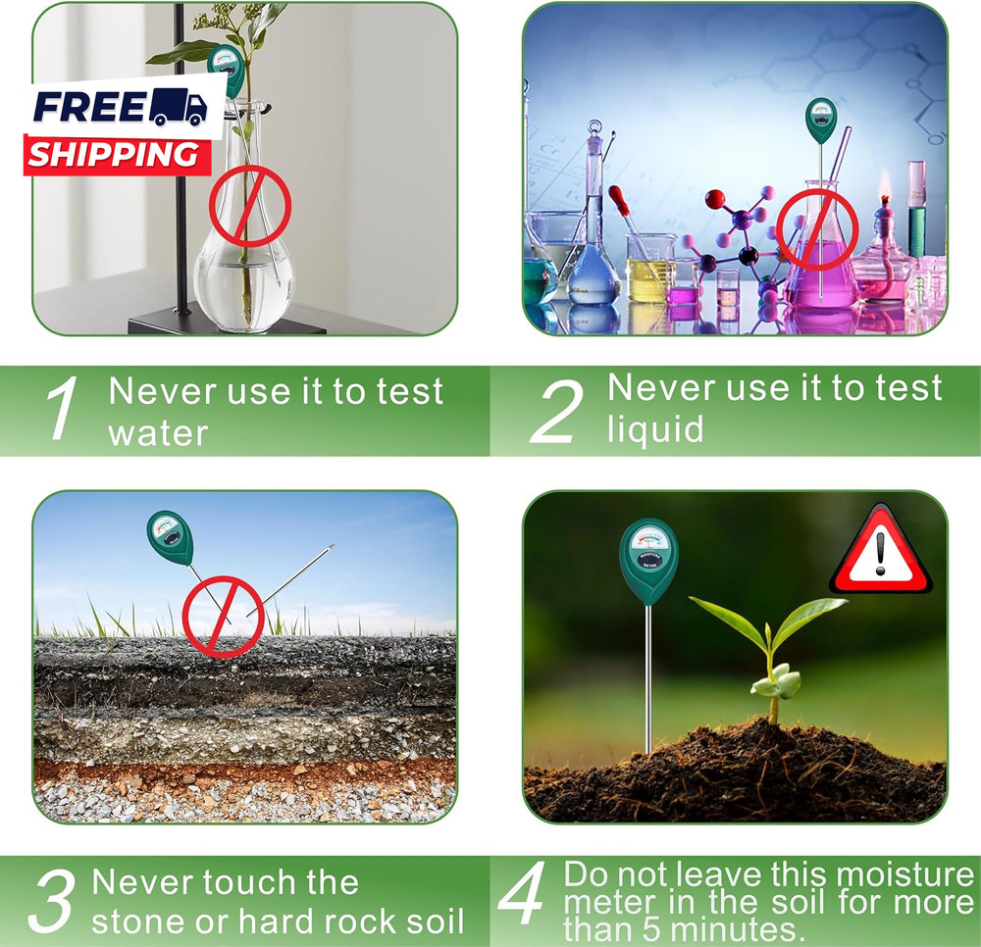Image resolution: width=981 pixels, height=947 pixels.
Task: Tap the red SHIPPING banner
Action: (113, 154)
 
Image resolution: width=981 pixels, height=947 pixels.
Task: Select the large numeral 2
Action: (556, 411)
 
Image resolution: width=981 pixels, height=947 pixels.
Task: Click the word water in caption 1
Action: (158, 432)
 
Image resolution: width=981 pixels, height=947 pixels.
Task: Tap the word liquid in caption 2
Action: (655, 428)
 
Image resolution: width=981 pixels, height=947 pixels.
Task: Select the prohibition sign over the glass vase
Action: (250, 206)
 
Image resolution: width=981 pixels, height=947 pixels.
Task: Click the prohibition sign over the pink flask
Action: (817, 230)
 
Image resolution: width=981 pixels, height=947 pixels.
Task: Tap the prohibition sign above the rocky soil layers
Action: (223, 616)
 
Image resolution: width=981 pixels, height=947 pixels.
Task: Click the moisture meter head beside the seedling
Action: (648, 563)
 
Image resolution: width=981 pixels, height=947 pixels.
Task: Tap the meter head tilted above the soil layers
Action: (171, 537)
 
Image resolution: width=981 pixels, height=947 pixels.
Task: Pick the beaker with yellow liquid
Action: (650, 266)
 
